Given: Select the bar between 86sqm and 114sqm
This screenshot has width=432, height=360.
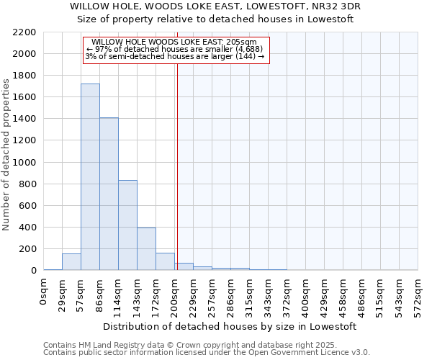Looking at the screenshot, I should (x=109, y=194).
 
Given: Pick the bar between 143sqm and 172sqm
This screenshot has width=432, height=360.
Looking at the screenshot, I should (x=146, y=248).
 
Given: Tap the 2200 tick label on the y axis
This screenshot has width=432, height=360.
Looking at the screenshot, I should (x=24, y=32).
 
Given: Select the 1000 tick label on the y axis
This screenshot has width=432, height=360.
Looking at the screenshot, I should (x=24, y=163).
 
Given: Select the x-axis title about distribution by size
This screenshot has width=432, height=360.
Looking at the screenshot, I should (x=230, y=326).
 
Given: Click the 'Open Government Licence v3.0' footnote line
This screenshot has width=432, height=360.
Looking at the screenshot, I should (x=207, y=353).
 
